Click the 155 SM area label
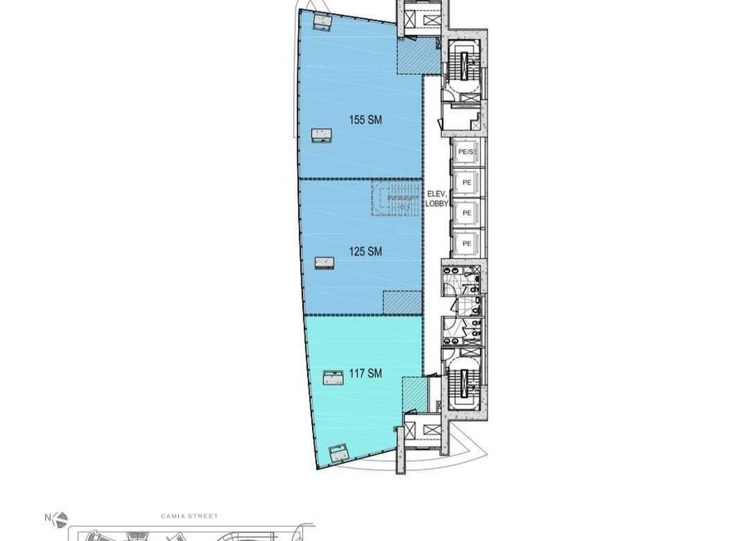point(365,120)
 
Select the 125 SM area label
point(365,251)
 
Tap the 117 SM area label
point(365,373)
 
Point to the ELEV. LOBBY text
point(437,198)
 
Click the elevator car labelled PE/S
point(467,152)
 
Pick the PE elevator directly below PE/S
point(467,182)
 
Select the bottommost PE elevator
point(467,244)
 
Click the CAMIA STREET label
point(189,516)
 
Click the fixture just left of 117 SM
point(334,378)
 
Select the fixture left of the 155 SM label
point(321,136)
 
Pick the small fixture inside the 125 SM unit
point(324,263)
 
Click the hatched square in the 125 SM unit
point(402,302)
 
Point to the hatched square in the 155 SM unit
point(419,57)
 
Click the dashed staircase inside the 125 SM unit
point(396,197)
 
